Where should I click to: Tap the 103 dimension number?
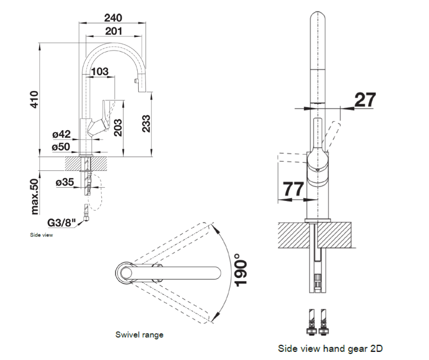[100, 71]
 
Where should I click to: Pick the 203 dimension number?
[117, 128]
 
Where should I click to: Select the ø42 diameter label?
[61, 134]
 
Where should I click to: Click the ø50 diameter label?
[61, 147]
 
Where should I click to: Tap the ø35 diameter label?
[64, 182]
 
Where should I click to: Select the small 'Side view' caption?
[42, 236]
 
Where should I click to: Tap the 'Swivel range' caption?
[139, 335]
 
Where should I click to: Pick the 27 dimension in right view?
[365, 100]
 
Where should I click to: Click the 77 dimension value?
[293, 189]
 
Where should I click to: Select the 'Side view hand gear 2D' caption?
[330, 349]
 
